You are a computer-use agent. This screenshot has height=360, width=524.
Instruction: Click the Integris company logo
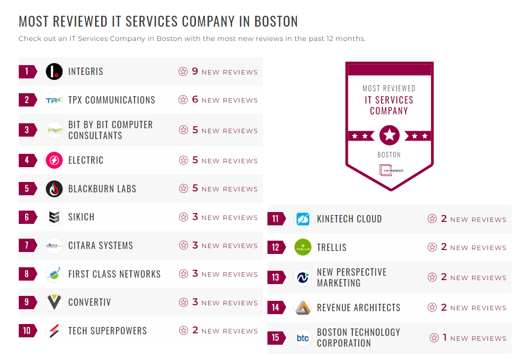(54, 72)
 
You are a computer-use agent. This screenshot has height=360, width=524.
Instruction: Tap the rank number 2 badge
(27, 100)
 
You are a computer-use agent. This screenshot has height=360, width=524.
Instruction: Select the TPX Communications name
(112, 100)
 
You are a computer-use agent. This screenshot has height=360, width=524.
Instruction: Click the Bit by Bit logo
(54, 130)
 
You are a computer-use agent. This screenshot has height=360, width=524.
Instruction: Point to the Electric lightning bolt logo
(54, 160)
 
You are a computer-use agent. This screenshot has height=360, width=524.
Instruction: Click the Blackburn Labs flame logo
(54, 189)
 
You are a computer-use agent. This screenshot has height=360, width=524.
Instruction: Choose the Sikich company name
(81, 217)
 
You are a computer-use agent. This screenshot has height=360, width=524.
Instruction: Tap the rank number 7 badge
(27, 246)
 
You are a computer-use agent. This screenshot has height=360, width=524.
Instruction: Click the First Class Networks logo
(54, 274)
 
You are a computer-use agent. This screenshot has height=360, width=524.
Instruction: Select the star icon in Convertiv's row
(184, 302)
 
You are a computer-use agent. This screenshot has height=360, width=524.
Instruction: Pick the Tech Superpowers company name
(108, 331)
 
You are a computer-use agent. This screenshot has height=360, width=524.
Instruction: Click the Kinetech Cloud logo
(303, 219)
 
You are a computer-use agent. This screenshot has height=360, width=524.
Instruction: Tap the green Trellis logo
(303, 247)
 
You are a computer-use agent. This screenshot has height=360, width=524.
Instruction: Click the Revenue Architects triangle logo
(303, 308)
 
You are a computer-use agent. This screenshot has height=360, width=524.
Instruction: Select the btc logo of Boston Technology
(303, 338)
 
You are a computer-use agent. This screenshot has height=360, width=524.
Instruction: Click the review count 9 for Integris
(195, 72)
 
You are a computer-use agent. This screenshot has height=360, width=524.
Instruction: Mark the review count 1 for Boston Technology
(445, 338)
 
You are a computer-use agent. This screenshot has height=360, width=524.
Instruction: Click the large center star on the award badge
(389, 135)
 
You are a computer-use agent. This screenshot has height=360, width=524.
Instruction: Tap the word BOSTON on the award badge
(389, 155)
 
